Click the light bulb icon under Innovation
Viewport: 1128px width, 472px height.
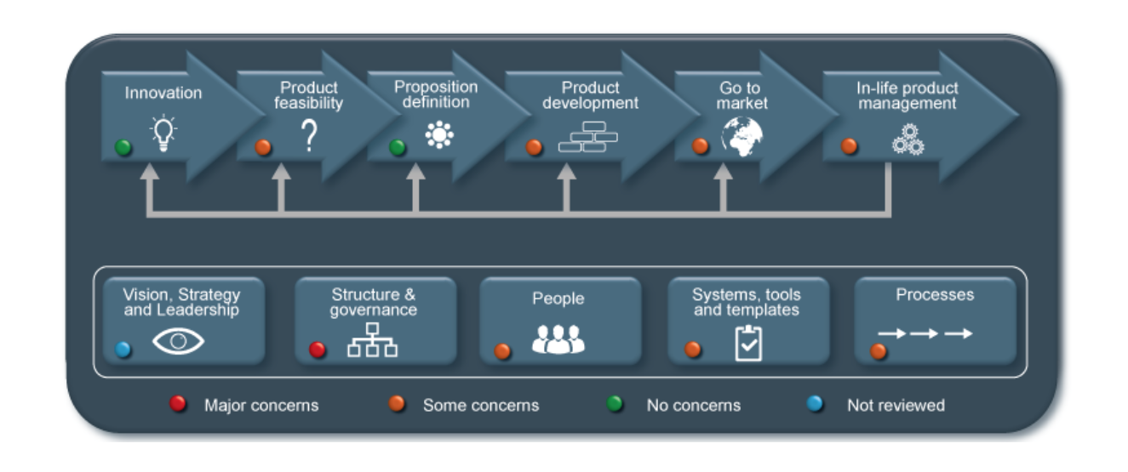[x=163, y=133]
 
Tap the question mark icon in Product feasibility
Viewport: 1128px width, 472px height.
[x=309, y=135]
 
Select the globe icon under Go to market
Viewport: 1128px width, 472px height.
[x=742, y=136]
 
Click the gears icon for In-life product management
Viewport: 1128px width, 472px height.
[x=908, y=139]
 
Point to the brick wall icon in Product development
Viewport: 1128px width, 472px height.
[x=588, y=136]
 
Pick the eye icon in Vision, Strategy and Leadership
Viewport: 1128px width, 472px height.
[x=178, y=341]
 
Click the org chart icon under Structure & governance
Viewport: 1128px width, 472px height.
[x=372, y=340]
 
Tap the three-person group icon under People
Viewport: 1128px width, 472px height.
[x=558, y=339]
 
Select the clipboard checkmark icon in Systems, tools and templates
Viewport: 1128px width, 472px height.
[x=748, y=344]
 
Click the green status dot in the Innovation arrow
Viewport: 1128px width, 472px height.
[x=123, y=147]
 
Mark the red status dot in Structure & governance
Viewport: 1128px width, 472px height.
[x=317, y=350]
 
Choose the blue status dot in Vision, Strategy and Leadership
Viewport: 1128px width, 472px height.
[x=123, y=350]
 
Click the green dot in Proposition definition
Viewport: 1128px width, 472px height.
[x=398, y=147]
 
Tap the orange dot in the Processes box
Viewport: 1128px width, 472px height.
[x=879, y=351]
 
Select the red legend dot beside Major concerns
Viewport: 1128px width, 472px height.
[x=177, y=404]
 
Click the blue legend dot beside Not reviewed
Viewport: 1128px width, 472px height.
[x=815, y=404]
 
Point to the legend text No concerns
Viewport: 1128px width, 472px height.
[x=694, y=405]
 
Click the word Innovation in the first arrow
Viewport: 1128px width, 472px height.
[x=163, y=93]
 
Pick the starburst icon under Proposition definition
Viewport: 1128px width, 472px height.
[x=439, y=135]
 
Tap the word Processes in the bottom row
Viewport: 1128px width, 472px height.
[x=935, y=294]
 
